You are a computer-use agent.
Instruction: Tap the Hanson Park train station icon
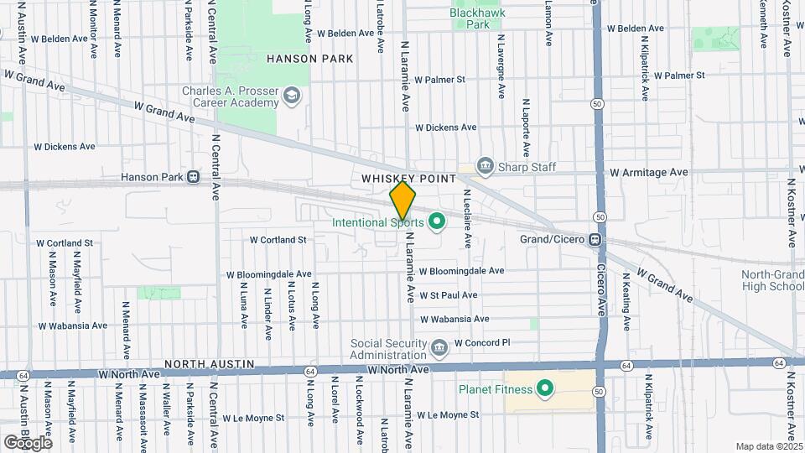(194, 177)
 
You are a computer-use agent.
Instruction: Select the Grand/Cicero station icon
(595, 238)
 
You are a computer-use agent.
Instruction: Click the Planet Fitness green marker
(544, 388)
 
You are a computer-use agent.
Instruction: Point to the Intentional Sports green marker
(435, 222)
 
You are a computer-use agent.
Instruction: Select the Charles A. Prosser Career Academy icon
(291, 96)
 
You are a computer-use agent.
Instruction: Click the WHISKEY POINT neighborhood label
(408, 179)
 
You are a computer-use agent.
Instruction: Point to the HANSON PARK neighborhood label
(309, 59)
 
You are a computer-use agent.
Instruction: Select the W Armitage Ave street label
(648, 172)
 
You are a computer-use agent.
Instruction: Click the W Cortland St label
(278, 240)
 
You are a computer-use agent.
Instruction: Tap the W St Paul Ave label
(448, 295)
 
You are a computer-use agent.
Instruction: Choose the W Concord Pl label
(482, 342)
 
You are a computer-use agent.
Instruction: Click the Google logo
(28, 442)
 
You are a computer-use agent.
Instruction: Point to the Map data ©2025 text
(768, 446)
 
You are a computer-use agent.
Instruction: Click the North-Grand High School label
(771, 281)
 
